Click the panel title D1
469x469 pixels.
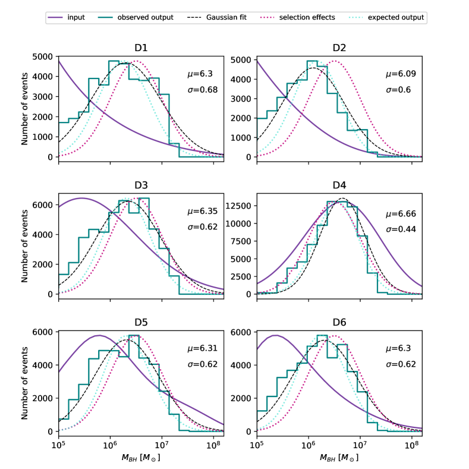point(141,48)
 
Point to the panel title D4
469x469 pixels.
point(339,187)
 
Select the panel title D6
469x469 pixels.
point(339,325)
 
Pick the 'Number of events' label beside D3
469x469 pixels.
point(25,244)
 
